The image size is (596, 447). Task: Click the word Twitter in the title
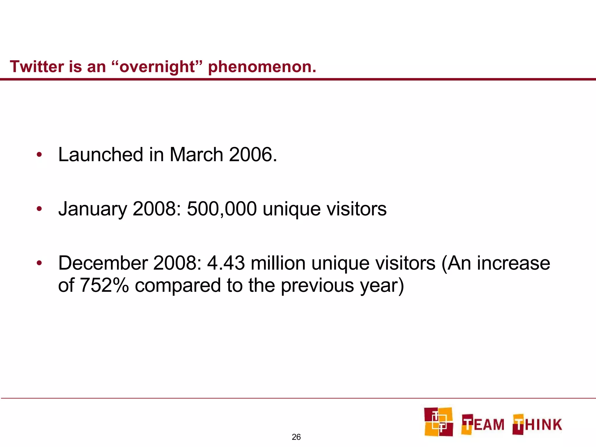[x=37, y=67]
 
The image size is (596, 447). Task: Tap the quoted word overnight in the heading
[x=157, y=67]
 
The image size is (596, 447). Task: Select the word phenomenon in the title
[x=262, y=67]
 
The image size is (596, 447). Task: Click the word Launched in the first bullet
[x=100, y=155]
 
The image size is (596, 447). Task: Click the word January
[x=93, y=209]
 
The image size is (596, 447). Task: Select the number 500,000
[x=222, y=209]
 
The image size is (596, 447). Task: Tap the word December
[x=103, y=263]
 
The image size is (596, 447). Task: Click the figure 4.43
[x=226, y=263]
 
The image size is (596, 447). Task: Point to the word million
[x=278, y=263]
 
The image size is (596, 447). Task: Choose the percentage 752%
[x=104, y=285]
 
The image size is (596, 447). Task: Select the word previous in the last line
[x=317, y=286]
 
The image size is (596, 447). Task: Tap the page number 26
[x=296, y=437]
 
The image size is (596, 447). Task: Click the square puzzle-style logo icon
[x=439, y=422]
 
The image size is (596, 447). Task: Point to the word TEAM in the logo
[x=483, y=424]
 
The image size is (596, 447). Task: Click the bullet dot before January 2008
[x=39, y=209]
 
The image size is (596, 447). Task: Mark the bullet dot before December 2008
[x=39, y=263]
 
